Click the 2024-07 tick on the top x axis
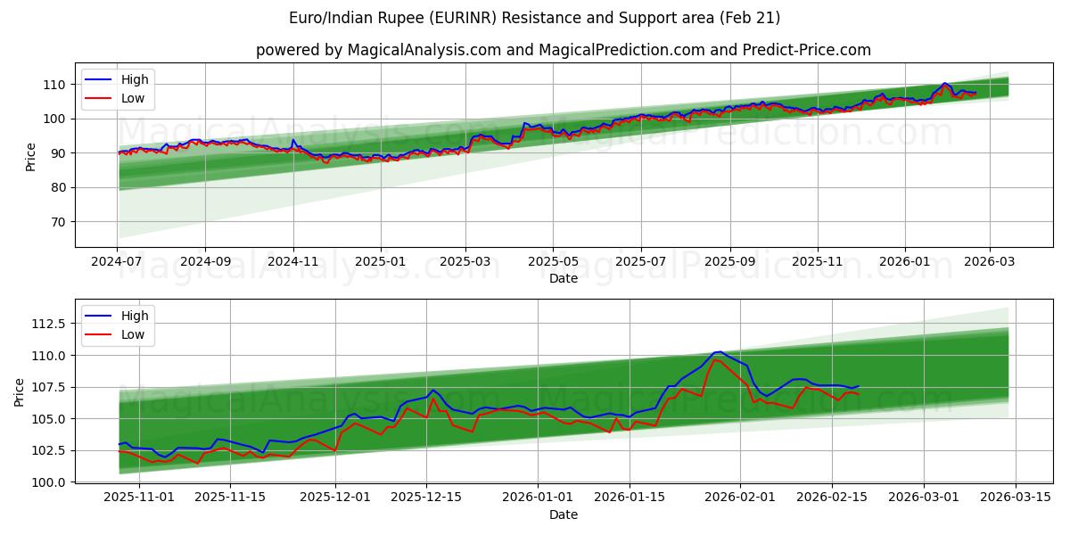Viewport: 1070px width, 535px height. click(x=117, y=262)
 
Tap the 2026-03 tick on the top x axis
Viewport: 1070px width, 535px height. click(x=990, y=262)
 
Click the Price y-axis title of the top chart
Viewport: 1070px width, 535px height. click(x=31, y=158)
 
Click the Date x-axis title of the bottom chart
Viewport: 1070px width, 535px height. click(x=563, y=514)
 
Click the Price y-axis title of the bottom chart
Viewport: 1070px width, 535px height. click(x=20, y=393)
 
